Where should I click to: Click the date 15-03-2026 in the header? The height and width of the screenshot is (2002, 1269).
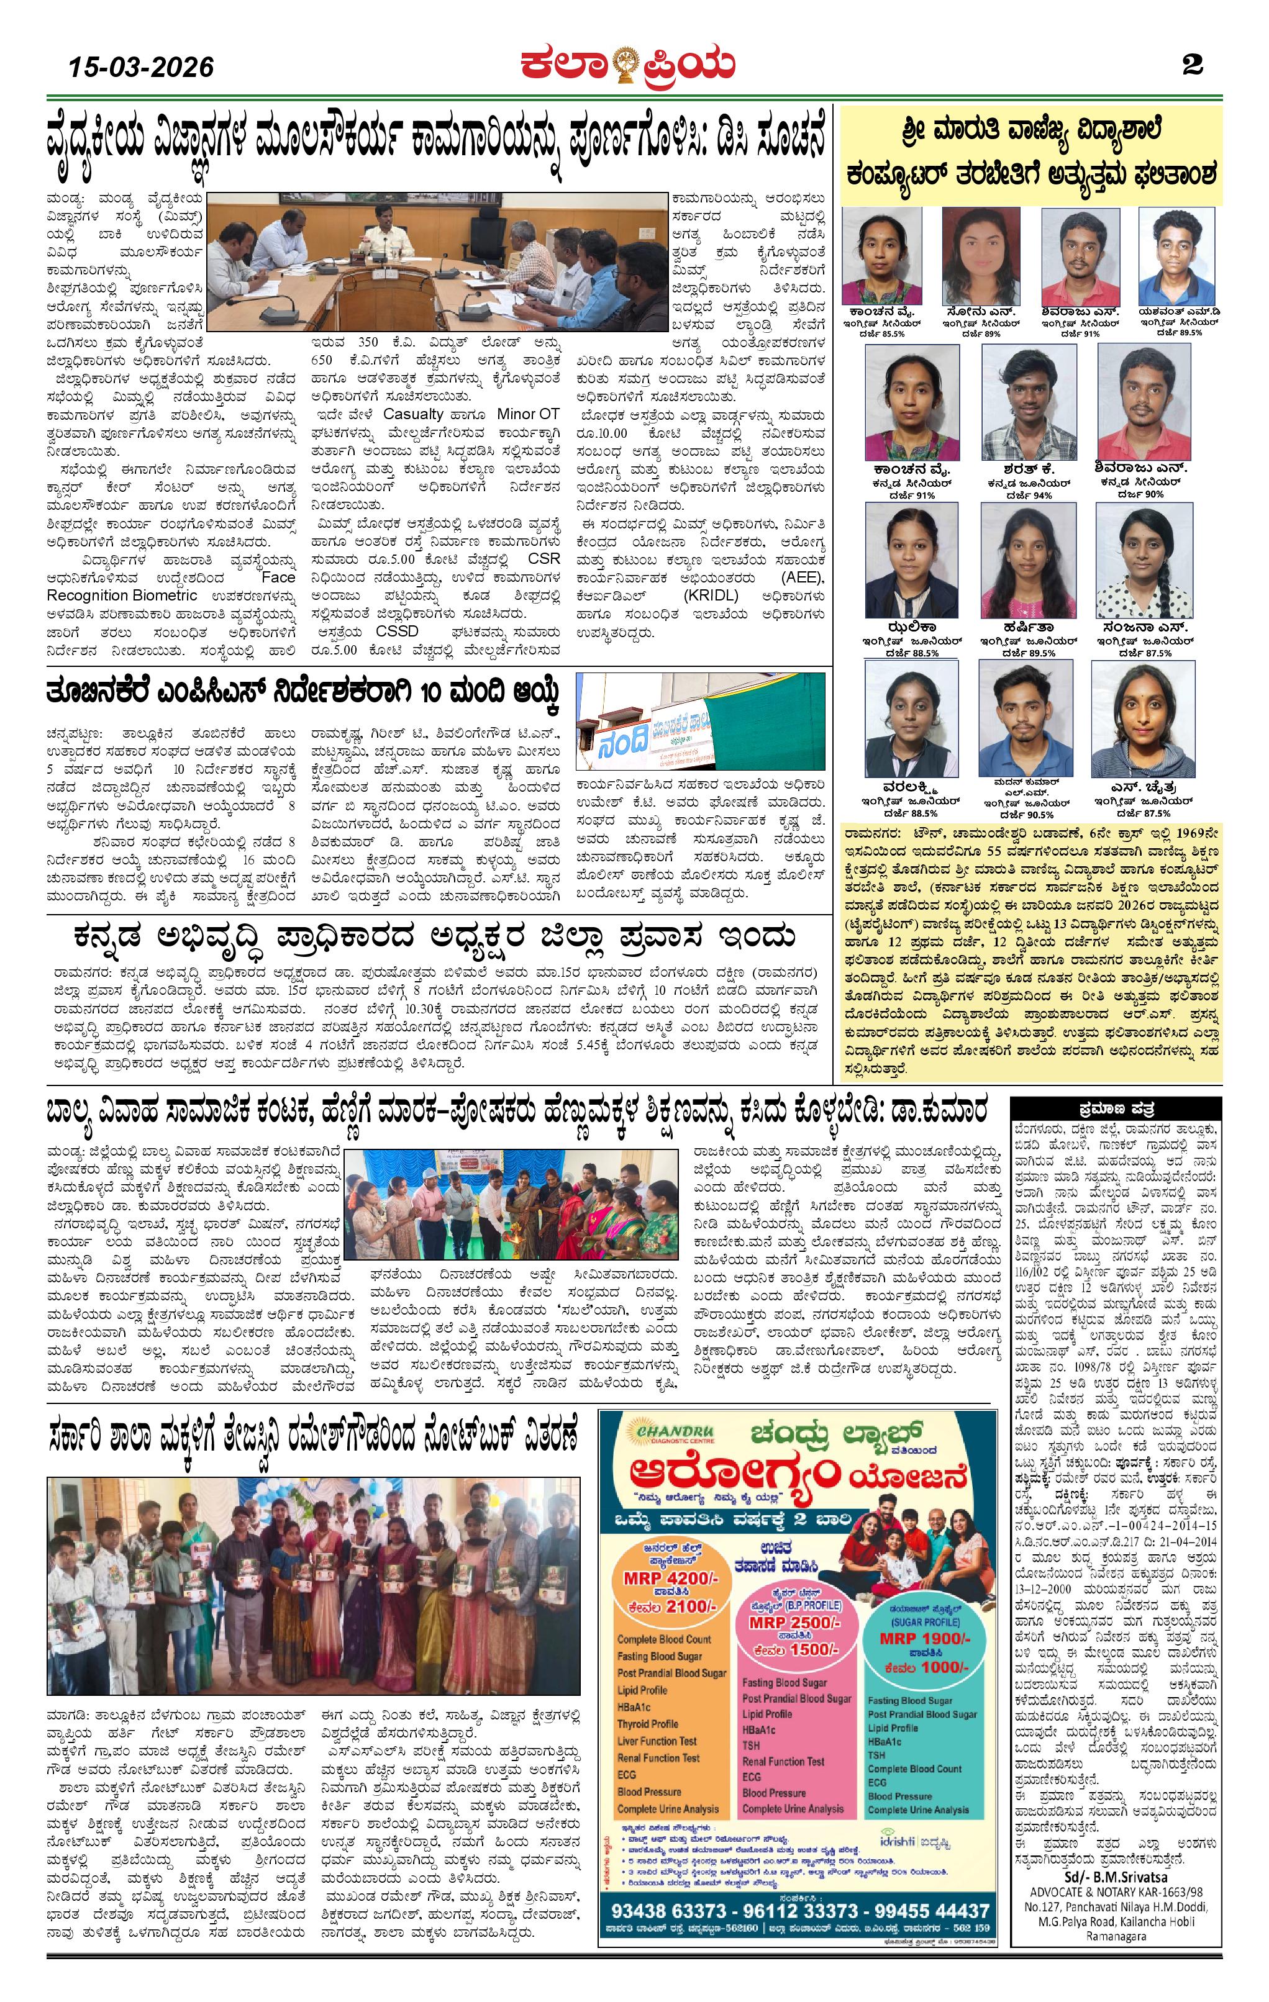(x=142, y=66)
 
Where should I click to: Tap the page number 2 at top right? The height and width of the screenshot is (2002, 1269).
(x=1193, y=65)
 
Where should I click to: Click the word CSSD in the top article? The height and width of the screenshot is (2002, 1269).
(x=397, y=631)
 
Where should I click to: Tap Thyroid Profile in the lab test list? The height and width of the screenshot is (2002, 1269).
(x=648, y=1723)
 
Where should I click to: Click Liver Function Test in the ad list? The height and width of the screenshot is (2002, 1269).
(x=657, y=1740)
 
